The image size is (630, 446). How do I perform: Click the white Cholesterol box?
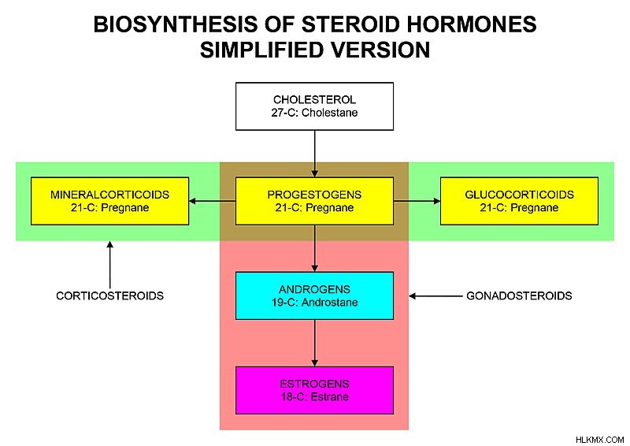pos(314,106)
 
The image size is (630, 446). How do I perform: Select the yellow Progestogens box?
pos(314,201)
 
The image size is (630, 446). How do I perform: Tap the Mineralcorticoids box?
pos(109,201)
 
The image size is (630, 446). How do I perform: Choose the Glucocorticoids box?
pos(519,201)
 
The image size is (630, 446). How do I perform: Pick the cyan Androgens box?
pos(314,295)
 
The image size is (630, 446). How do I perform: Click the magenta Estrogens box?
pos(314,390)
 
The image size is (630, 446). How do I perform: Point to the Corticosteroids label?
pos(109,296)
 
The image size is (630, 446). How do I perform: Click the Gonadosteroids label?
pos(519,296)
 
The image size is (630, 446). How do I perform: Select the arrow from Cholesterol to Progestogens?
pos(314,154)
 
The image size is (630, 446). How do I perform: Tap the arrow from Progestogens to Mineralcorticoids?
pos(212,201)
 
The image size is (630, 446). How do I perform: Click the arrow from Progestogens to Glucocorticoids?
pos(417,201)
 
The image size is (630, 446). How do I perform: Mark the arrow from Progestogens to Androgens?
pos(314,248)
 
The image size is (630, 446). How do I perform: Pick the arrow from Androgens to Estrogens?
pos(314,343)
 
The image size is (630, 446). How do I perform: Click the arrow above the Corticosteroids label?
pos(109,265)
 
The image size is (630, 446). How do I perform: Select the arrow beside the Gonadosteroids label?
pos(435,296)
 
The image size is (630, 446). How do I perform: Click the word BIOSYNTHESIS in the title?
pos(176,24)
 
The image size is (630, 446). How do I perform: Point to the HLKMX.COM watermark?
pos(600,440)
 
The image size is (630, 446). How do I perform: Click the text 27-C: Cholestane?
pos(314,113)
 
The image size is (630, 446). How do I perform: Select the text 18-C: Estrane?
pos(314,396)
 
